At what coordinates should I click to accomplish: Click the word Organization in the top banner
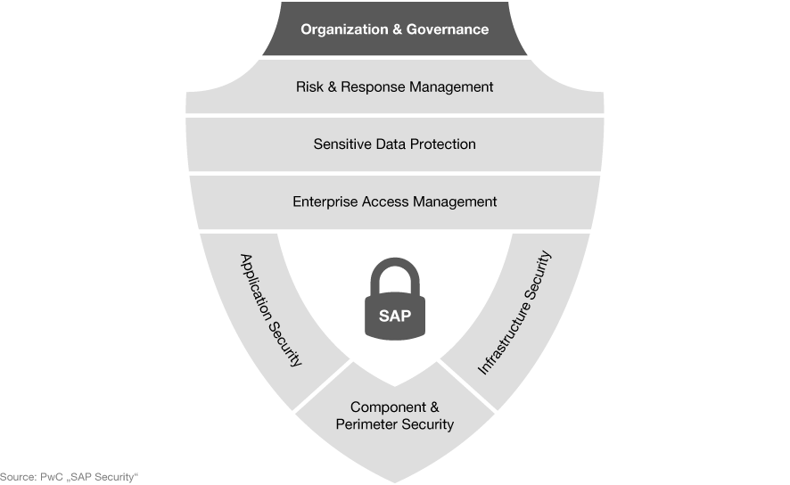(344, 29)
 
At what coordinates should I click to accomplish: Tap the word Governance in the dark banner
(448, 29)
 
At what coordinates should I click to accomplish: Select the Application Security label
(271, 309)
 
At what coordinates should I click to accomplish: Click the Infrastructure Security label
(514, 312)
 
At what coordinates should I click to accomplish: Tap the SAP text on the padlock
(395, 316)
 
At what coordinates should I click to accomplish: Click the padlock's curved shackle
(395, 262)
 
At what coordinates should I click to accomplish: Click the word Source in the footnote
(18, 477)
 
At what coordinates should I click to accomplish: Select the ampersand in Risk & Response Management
(332, 86)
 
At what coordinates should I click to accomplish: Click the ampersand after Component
(434, 407)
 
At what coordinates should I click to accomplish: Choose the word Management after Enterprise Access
(455, 202)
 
